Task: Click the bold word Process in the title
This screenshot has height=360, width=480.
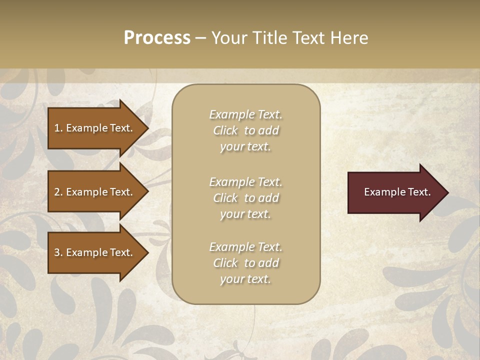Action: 157,38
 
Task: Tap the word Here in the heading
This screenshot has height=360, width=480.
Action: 349,38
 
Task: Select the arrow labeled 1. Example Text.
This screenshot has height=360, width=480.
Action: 95,128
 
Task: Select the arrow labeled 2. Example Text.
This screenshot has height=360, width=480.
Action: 95,192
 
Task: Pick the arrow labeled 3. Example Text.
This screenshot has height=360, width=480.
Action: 95,252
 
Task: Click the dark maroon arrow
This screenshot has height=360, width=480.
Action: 395,192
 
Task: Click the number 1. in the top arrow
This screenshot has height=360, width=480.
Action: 58,128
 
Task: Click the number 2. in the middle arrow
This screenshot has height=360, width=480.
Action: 58,192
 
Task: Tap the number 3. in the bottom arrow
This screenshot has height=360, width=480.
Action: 58,252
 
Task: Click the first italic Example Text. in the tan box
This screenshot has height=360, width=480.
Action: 245,114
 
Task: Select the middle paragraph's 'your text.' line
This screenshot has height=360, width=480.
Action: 245,214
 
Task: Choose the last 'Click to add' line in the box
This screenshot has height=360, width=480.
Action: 245,263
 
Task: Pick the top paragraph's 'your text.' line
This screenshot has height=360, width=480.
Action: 245,147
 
